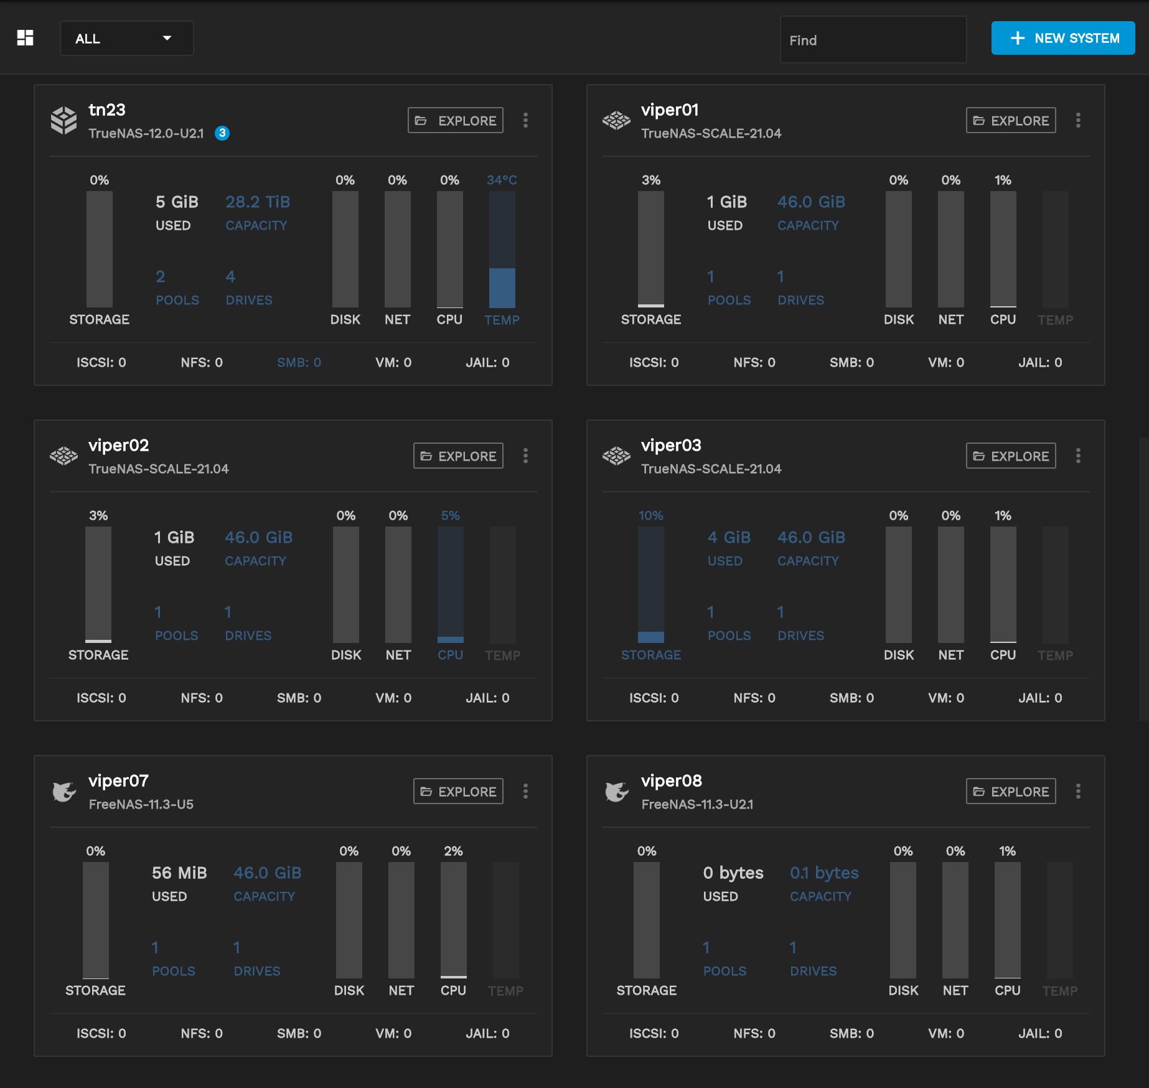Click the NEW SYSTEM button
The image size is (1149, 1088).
click(1062, 39)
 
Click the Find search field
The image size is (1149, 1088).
click(873, 40)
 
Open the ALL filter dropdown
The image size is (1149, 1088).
click(126, 39)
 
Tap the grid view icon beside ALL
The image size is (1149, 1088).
click(25, 38)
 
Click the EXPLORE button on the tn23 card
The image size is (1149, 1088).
click(456, 121)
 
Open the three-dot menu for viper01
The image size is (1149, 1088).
click(1078, 121)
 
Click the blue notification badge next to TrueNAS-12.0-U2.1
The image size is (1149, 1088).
click(222, 133)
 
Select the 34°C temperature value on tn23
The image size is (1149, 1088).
click(502, 181)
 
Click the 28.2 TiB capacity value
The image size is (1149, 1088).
click(258, 202)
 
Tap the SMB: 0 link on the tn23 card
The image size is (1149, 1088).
click(299, 362)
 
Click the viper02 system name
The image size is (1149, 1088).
click(119, 446)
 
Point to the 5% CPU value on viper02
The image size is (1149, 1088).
click(450, 516)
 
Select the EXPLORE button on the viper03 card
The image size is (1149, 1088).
click(1011, 456)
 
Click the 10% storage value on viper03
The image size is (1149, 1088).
click(650, 516)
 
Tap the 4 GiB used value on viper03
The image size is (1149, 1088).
click(729, 538)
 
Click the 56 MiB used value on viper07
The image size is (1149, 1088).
click(179, 873)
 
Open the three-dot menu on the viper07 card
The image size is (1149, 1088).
click(525, 792)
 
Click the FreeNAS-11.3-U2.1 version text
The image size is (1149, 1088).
click(697, 805)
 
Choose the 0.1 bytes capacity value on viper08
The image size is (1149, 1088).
click(824, 873)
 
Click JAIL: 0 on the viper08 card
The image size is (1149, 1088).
click(1040, 1033)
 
